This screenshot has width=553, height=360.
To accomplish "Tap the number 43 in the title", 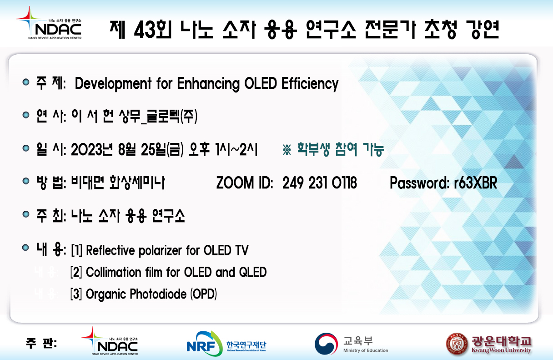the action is [x=145, y=30].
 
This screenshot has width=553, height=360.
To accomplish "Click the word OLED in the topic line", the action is [x=261, y=83].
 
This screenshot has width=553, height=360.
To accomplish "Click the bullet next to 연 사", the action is [x=25, y=115].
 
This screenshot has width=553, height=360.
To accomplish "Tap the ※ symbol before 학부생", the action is [x=287, y=149].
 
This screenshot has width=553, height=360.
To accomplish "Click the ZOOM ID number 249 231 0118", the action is [x=319, y=183].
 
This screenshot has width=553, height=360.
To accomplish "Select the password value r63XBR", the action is [x=475, y=183].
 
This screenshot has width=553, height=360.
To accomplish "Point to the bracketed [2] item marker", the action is [x=76, y=272].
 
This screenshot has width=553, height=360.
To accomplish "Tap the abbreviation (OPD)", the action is [x=203, y=294].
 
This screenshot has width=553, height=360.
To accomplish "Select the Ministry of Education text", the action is [x=366, y=350].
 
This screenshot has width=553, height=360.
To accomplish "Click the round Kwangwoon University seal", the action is [x=457, y=344].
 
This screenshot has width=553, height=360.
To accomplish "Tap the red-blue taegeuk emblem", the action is [x=327, y=344].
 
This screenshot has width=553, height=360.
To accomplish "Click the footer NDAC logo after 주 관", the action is [x=110, y=341].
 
